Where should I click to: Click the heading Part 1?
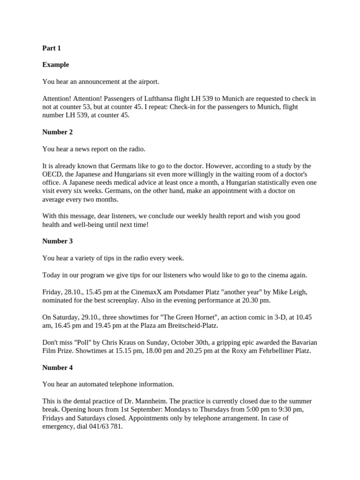click(x=52, y=48)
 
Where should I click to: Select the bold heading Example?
click(x=56, y=65)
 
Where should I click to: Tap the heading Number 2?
click(x=58, y=132)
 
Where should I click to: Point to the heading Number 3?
click(x=58, y=241)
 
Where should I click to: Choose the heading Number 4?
click(x=58, y=367)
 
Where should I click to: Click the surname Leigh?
click(x=297, y=292)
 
